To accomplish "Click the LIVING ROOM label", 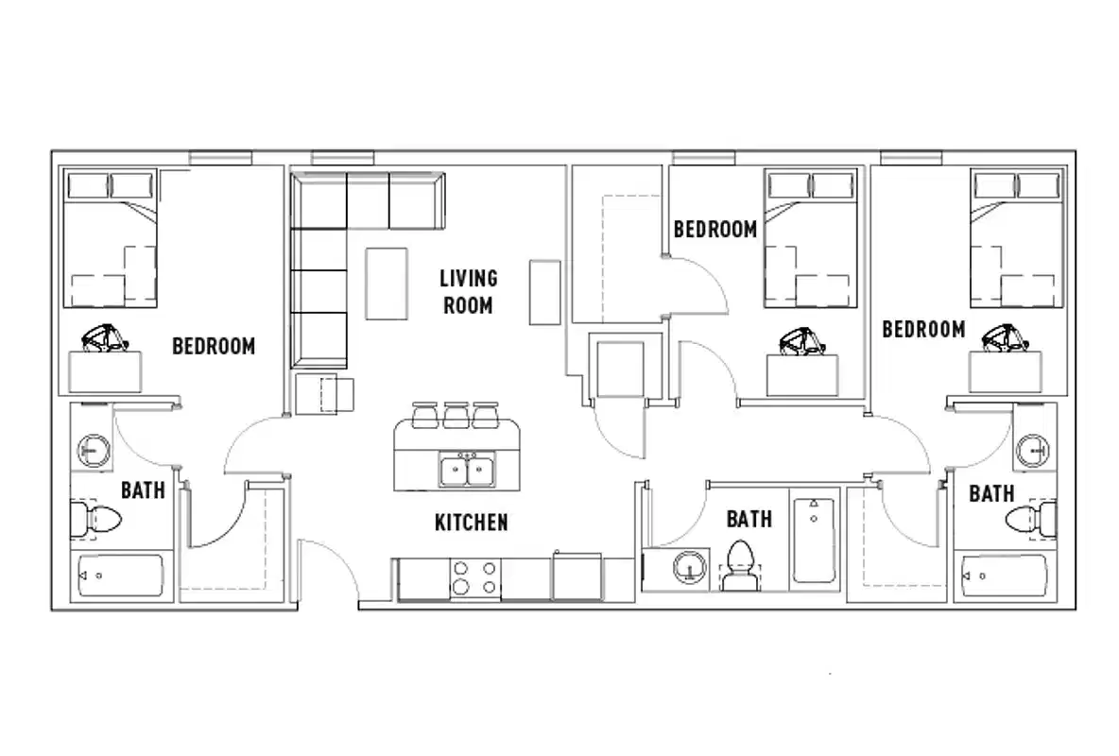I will coord(467,291).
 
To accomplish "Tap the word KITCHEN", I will coord(471,523).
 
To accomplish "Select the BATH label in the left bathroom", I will coord(143,490).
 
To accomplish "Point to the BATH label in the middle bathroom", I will coord(749,519).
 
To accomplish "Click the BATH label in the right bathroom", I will coord(991,493).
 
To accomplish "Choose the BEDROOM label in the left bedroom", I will coord(214,346).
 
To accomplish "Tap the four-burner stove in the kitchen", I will coord(474,578).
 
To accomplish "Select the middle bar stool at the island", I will coord(456,414).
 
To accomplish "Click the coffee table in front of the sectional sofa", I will coord(387,283).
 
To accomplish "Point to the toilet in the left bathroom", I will coord(96,520).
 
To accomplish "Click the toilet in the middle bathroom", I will coord(740,564).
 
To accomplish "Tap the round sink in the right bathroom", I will coord(1034,452).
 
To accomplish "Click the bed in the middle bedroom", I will coord(810,238).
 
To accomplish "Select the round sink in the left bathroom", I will coord(93,452).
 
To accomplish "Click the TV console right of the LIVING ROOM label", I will coord(545,291).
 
